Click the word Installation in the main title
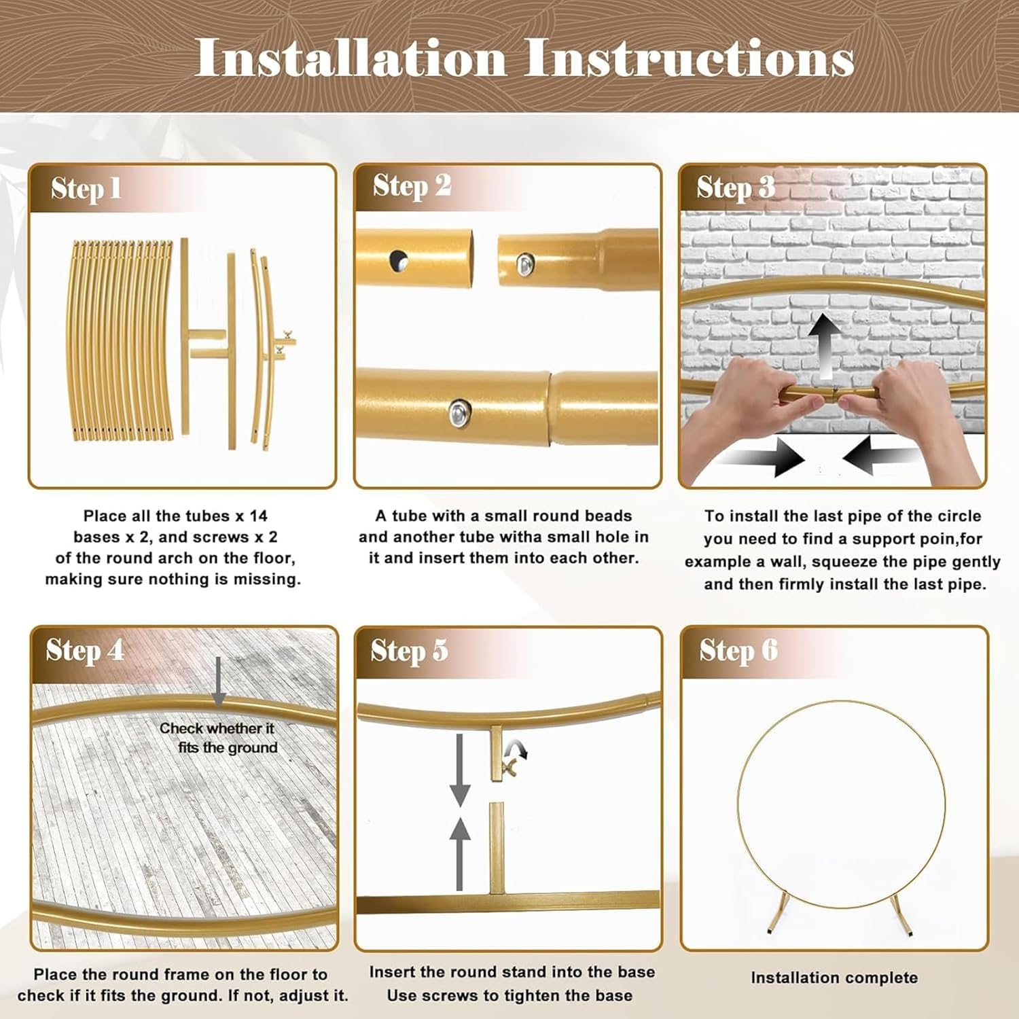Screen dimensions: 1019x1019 351,58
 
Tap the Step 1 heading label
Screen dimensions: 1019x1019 86,189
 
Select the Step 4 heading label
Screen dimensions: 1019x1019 85,651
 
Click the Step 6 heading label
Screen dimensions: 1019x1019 738,651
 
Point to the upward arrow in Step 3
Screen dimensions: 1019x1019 825,346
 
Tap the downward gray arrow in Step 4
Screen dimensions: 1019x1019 219,682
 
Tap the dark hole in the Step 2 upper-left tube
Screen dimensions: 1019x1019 399,259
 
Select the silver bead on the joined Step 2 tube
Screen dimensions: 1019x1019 459,411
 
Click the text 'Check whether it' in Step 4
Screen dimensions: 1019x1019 217,728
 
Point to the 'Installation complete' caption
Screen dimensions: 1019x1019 834,978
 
